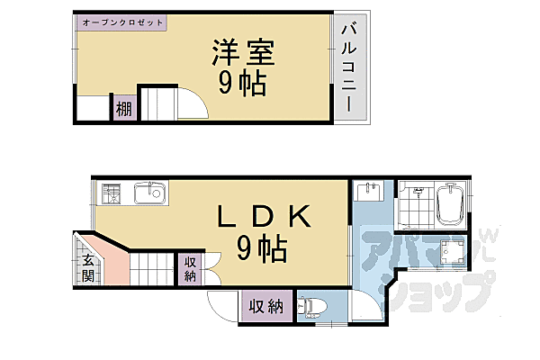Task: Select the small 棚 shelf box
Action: click(122, 110)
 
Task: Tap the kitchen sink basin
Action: click(148, 193)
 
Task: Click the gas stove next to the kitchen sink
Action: click(112, 193)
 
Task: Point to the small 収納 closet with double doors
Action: click(191, 269)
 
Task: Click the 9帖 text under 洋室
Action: click(241, 84)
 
